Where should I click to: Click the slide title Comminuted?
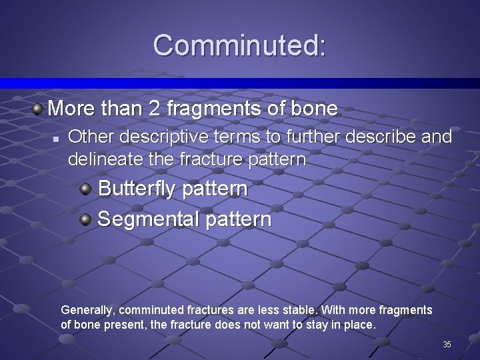point(240,45)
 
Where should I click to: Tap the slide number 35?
point(447,345)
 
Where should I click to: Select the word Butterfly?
point(137,189)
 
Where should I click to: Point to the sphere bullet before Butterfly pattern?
point(85,189)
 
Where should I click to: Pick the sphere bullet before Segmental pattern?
point(85,219)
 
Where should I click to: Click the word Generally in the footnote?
point(87,310)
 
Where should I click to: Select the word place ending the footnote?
point(362,325)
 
